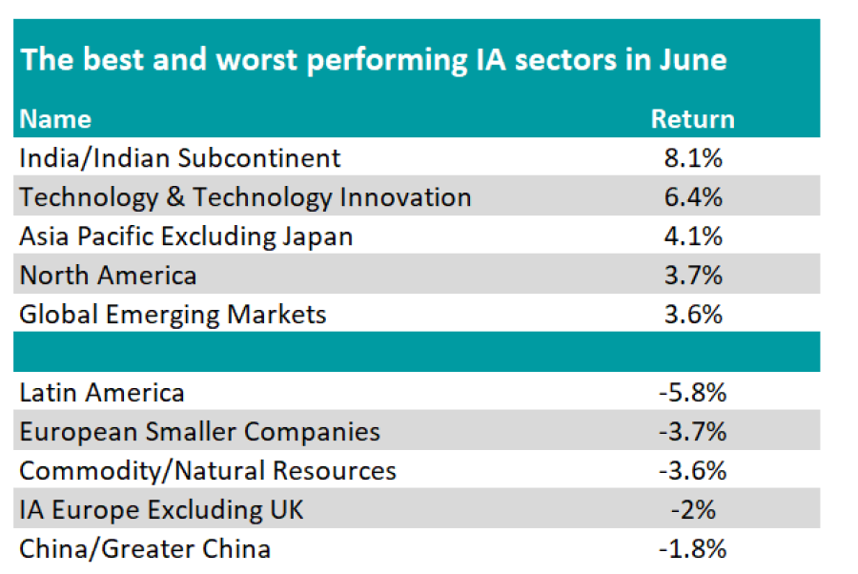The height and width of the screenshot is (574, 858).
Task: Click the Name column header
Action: tap(55, 119)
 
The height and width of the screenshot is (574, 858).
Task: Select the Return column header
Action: tap(692, 119)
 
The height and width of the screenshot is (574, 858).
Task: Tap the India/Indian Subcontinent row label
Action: tap(179, 157)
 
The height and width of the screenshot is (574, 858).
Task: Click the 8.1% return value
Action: tap(692, 157)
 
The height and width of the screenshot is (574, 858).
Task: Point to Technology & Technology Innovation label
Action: tap(245, 197)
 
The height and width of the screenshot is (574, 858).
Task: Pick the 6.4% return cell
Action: tap(692, 197)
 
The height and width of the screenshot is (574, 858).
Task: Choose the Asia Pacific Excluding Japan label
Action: tap(186, 236)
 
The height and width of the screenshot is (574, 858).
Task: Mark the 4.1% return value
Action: tap(692, 236)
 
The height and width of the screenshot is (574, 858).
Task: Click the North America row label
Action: tap(108, 276)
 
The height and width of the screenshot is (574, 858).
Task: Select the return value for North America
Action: tap(692, 276)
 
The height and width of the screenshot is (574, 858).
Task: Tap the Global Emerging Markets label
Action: tap(173, 314)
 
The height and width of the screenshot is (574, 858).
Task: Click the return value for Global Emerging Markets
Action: tap(692, 314)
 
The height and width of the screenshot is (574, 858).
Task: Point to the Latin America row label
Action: tap(102, 392)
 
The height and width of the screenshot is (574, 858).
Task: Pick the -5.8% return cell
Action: tap(692, 392)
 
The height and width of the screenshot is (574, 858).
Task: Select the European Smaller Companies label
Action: tap(199, 431)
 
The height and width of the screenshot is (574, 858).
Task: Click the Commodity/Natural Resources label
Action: tap(208, 470)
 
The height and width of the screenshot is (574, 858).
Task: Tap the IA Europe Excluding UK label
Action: tap(161, 509)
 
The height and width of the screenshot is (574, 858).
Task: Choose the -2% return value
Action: tap(692, 509)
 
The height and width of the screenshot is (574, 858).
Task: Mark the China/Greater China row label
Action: tap(145, 548)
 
